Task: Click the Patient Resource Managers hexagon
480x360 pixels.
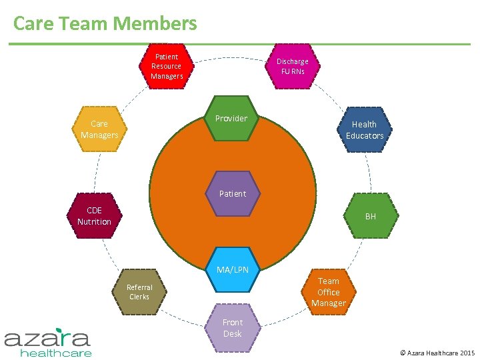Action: (166, 66)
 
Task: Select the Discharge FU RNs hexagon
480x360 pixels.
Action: (292, 66)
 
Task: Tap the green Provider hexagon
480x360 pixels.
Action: (231, 119)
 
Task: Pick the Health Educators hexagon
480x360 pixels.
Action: (364, 130)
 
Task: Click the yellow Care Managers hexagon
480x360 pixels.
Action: (99, 129)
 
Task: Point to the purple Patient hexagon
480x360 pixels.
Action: (233, 194)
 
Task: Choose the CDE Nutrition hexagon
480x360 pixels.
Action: (94, 216)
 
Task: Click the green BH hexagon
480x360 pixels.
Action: (371, 216)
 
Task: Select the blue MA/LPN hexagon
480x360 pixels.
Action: (233, 270)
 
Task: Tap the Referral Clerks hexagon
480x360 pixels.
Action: (139, 292)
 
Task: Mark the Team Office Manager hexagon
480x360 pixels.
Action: (328, 292)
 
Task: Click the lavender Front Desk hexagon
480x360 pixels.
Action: (233, 327)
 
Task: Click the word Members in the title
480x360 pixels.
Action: (155, 24)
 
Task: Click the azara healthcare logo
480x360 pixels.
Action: (47, 342)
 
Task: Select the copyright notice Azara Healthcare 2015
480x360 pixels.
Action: (437, 351)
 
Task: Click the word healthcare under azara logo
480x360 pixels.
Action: (56, 353)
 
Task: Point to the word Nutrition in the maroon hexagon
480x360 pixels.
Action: (94, 221)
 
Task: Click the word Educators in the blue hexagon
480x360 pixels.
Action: (365, 136)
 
